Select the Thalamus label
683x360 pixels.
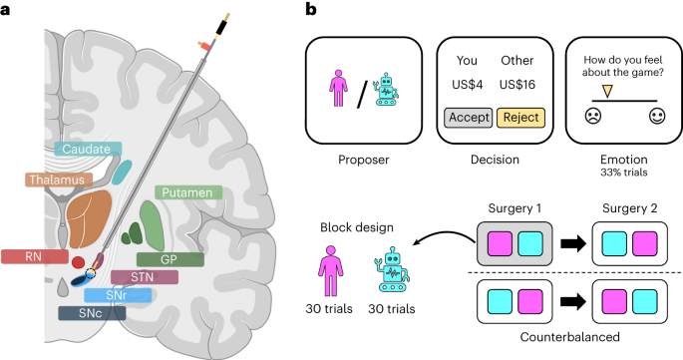[59, 180]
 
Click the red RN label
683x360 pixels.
[32, 257]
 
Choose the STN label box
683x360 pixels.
[145, 277]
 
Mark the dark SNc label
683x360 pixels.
[91, 312]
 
